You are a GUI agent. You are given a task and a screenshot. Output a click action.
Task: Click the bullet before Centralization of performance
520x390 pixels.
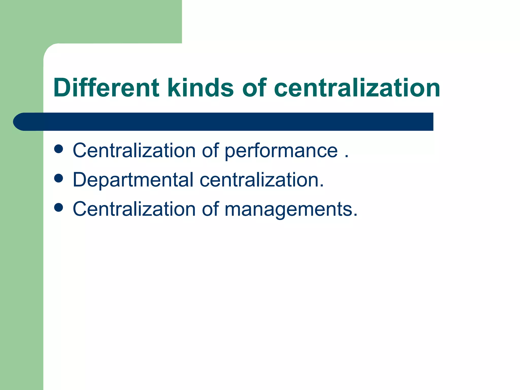pyautogui.click(x=59, y=149)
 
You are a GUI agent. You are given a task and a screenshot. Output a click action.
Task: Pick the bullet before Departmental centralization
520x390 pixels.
pyautogui.click(x=59, y=178)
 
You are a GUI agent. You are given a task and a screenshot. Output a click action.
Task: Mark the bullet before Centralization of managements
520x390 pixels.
pyautogui.click(x=59, y=207)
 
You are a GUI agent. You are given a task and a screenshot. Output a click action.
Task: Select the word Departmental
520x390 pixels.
pyautogui.click(x=133, y=180)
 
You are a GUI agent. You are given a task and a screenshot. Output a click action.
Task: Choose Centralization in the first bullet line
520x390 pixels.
pyautogui.click(x=134, y=151)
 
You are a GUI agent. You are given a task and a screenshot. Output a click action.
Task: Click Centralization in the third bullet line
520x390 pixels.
pyautogui.click(x=134, y=209)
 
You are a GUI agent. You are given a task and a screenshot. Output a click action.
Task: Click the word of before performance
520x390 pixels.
pyautogui.click(x=210, y=151)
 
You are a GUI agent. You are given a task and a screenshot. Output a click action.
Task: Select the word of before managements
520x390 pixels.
pyautogui.click(x=210, y=209)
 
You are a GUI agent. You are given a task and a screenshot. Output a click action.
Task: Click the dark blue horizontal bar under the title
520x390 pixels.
pyautogui.click(x=229, y=122)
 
